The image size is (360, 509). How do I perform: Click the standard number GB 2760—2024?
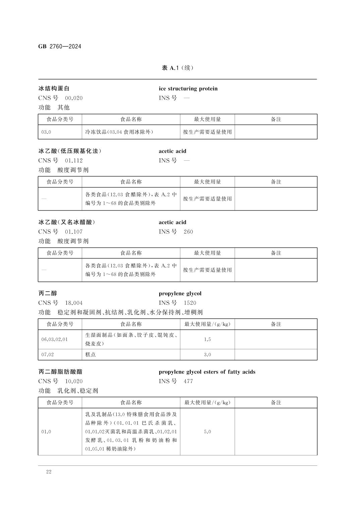pyautogui.click(x=60, y=47)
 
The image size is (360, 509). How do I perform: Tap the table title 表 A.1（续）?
pyautogui.click(x=178, y=68)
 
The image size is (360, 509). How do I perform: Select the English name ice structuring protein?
pyautogui.click(x=188, y=89)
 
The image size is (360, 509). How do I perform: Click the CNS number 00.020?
pyautogui.click(x=74, y=98)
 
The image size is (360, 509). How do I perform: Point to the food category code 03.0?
pyautogui.click(x=46, y=132)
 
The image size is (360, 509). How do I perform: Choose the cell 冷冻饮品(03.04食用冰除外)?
pyautogui.click(x=119, y=132)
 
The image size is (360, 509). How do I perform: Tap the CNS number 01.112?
pyautogui.click(x=74, y=161)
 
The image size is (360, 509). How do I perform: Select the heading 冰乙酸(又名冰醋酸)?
pyautogui.click(x=67, y=222)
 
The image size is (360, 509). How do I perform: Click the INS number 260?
pyautogui.click(x=188, y=232)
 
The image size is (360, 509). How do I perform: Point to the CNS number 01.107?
pyautogui.click(x=74, y=232)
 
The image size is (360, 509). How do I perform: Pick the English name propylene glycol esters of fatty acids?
pyautogui.click(x=207, y=372)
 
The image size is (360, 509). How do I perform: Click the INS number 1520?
pyautogui.click(x=190, y=303)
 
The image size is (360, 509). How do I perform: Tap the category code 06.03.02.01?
pyautogui.click(x=54, y=339)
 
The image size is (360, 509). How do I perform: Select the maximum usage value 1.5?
pyautogui.click(x=207, y=339)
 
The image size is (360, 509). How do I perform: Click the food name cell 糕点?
pyautogui.click(x=91, y=355)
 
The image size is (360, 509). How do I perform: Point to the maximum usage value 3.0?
pyautogui.click(x=207, y=355)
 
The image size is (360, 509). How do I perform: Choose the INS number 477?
pyautogui.click(x=188, y=381)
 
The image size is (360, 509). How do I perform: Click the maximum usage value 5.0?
pyautogui.click(x=207, y=432)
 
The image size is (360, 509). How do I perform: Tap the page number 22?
pyautogui.click(x=49, y=472)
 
